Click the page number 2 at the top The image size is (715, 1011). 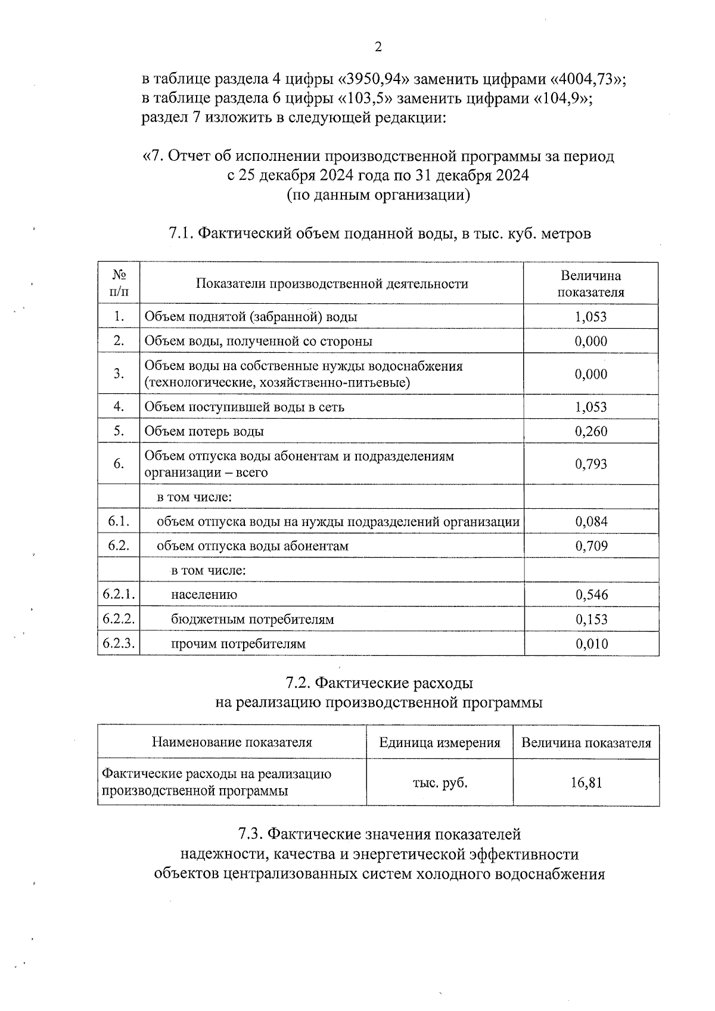[377, 48]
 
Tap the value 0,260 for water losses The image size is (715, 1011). [591, 431]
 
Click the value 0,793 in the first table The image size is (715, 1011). [591, 464]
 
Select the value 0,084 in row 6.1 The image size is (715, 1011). [591, 522]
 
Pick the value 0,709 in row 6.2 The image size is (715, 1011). [591, 546]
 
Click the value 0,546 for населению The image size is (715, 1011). [591, 595]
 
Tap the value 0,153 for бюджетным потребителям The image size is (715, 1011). [591, 620]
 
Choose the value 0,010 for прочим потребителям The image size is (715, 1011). [591, 644]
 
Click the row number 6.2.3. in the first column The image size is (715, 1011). [119, 643]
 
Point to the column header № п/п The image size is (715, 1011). [119, 284]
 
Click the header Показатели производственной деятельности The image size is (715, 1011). [332, 284]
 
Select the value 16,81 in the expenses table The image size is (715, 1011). [586, 782]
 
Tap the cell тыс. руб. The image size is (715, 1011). [440, 782]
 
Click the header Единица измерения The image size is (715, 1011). [440, 743]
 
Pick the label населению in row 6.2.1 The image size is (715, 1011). [204, 595]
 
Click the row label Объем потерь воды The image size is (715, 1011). [204, 431]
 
